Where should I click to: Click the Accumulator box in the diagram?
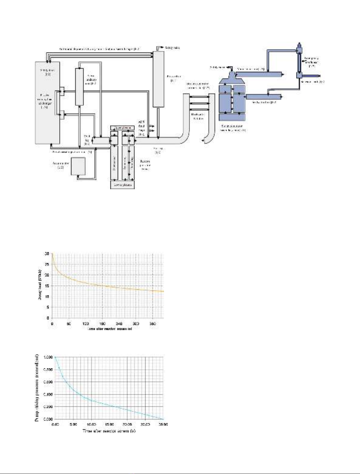point(78,166)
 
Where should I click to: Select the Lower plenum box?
point(122,185)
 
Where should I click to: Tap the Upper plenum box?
point(122,128)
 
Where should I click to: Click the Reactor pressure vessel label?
point(145,165)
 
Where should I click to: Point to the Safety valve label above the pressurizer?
point(172,48)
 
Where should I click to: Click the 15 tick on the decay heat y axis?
point(47,286)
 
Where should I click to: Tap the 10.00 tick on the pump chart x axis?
point(92,424)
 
